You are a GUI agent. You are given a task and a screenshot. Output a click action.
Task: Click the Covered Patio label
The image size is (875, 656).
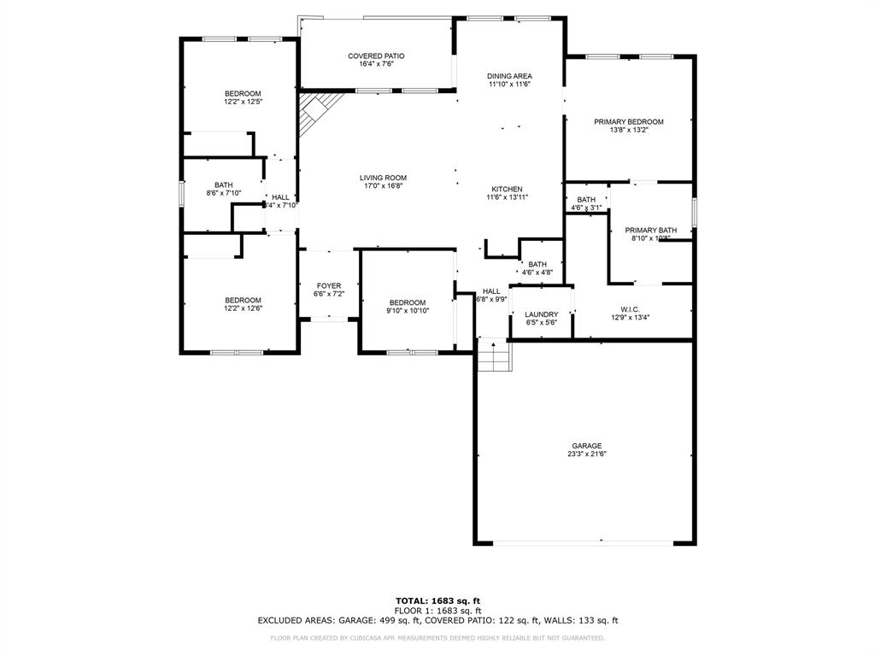[376, 56]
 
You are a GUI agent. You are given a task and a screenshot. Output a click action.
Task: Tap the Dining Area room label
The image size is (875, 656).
[510, 76]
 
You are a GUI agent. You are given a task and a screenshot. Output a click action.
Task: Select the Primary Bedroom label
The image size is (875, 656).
[629, 121]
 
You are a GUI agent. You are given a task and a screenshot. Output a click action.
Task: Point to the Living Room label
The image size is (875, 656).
[382, 178]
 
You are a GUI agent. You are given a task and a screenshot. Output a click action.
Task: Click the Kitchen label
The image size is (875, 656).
[507, 189]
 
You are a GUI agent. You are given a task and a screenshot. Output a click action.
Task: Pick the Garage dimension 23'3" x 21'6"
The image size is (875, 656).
[587, 454]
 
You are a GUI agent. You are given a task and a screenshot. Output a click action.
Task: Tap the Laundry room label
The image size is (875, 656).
[541, 314]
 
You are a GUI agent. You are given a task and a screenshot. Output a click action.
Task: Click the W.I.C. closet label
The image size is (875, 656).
[631, 309]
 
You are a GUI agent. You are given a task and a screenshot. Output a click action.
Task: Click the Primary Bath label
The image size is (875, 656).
[650, 230]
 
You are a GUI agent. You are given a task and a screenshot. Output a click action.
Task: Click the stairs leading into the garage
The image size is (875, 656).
[494, 355]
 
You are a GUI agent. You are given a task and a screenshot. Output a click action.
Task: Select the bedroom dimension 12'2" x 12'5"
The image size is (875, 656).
[243, 102]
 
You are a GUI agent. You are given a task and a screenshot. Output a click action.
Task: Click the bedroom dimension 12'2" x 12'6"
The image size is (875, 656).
[243, 308]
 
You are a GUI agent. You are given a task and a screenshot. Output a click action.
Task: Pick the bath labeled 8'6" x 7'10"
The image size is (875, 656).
[223, 189]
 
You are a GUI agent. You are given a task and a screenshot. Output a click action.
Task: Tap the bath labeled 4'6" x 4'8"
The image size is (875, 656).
[537, 268]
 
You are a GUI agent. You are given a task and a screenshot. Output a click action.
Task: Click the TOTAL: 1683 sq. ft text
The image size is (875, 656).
[437, 600]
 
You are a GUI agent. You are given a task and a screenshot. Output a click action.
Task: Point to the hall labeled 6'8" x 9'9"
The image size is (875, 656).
[491, 295]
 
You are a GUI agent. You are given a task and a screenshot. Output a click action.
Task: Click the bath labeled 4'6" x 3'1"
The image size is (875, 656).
[586, 203]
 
